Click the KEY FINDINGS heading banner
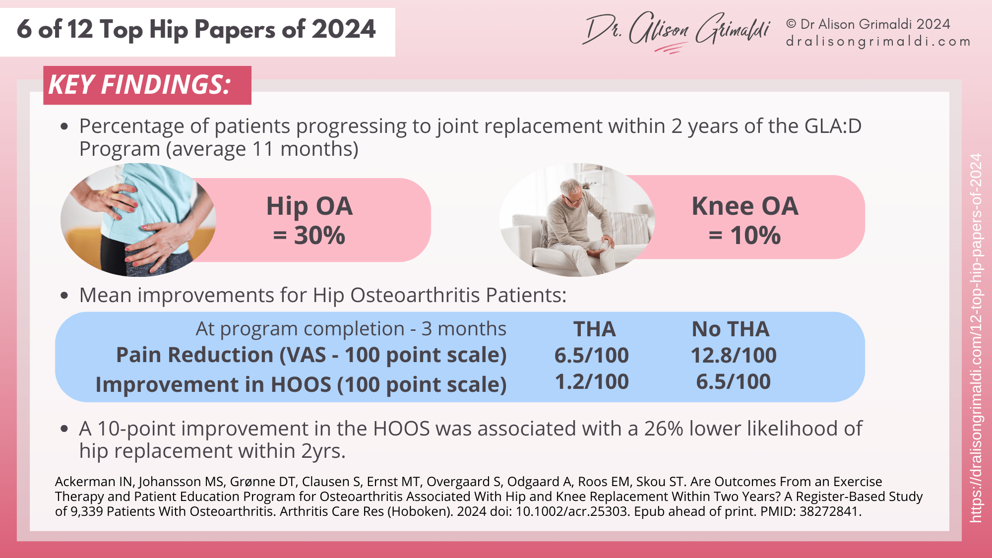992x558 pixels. [x=147, y=85]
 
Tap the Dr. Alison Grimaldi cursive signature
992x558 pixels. [x=677, y=31]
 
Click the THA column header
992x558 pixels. [x=594, y=329]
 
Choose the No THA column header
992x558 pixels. [x=731, y=329]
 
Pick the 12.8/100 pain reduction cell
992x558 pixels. [x=734, y=355]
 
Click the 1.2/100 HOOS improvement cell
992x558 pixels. [x=592, y=382]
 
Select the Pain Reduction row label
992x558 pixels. [x=311, y=355]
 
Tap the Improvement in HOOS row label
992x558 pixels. [x=301, y=384]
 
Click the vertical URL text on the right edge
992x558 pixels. [x=976, y=337]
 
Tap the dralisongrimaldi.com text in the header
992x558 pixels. [x=878, y=42]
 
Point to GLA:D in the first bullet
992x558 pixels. [x=833, y=126]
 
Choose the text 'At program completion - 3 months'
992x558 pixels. [x=351, y=329]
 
